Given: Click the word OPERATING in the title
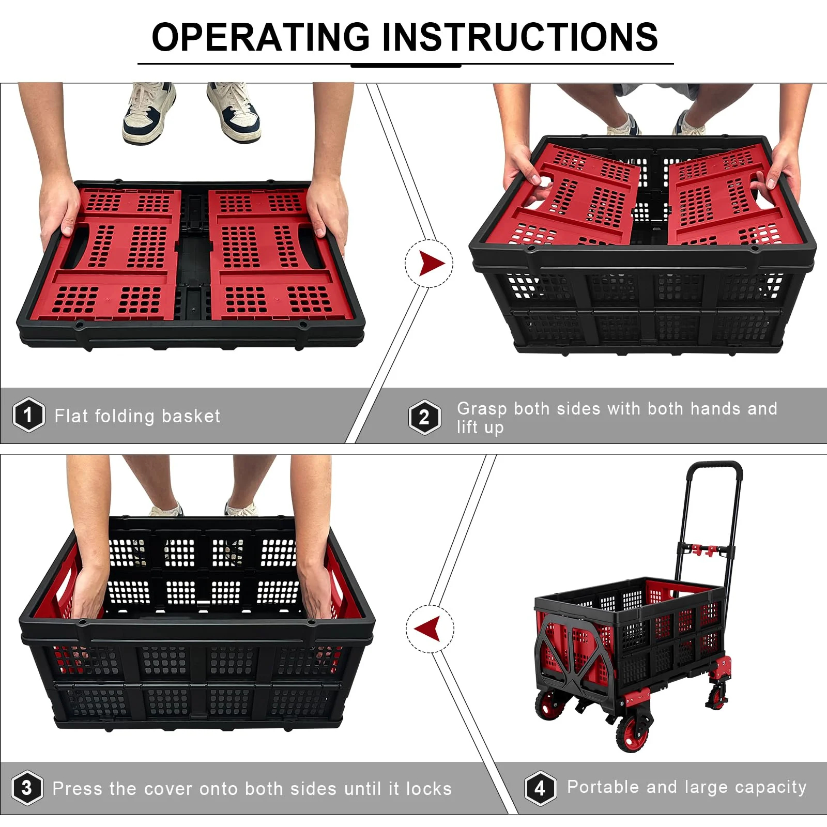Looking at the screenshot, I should tap(261, 37).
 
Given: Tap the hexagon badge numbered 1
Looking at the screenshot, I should tap(28, 415).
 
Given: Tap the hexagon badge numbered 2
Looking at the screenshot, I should tap(424, 417).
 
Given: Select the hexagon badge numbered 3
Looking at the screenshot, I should tap(27, 788).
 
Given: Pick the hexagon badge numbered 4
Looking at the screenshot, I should tap(540, 788).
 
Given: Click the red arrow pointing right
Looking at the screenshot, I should tap(431, 264).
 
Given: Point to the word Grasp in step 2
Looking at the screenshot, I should tap(481, 409).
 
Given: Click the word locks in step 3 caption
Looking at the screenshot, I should tap(428, 789).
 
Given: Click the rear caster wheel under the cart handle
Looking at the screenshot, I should tap(717, 697).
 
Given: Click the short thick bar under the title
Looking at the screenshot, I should tap(406, 66).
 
